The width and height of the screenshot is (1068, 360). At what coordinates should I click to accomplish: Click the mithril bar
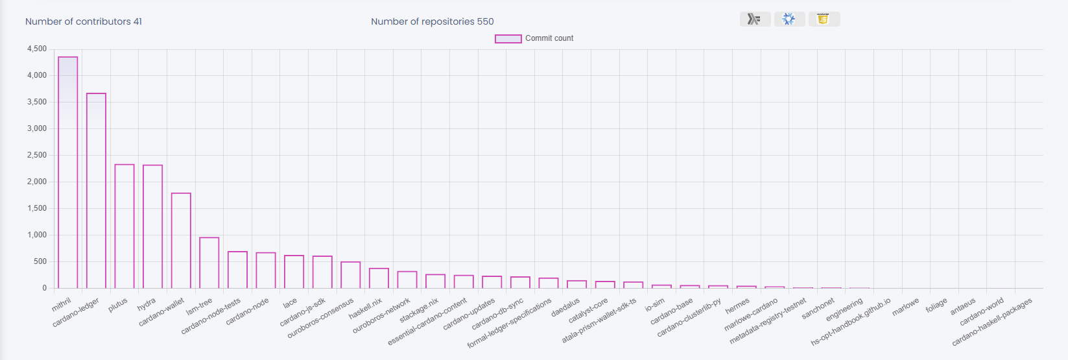tap(68, 173)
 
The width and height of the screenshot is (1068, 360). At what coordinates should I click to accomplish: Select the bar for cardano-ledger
tap(96, 191)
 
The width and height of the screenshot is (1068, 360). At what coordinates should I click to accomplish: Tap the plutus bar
tap(125, 226)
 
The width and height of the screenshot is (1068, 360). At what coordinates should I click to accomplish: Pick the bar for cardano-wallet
tap(181, 241)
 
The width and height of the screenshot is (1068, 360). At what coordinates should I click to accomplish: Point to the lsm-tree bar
tap(209, 263)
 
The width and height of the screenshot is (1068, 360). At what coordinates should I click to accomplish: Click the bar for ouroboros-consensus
tap(350, 275)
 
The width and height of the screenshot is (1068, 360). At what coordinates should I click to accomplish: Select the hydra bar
tap(153, 227)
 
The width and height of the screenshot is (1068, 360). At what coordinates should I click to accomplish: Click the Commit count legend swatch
tap(508, 39)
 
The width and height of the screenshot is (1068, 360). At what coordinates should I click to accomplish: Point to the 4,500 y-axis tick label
tap(37, 49)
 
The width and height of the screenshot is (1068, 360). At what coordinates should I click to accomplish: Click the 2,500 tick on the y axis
tap(37, 156)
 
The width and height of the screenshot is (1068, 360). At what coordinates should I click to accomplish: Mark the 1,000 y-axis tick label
tap(37, 235)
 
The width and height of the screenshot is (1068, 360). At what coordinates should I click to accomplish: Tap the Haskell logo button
tap(755, 19)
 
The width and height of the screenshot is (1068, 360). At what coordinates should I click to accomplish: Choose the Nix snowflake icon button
tap(789, 19)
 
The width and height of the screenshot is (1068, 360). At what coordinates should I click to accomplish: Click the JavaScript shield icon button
tap(824, 19)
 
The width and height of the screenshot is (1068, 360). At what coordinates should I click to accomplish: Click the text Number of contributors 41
tap(84, 21)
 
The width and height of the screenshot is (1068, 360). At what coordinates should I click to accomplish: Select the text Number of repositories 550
tap(433, 21)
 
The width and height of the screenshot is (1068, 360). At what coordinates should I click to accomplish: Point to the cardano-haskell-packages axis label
tap(992, 322)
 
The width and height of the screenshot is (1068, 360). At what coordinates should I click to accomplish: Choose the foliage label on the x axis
tap(936, 306)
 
